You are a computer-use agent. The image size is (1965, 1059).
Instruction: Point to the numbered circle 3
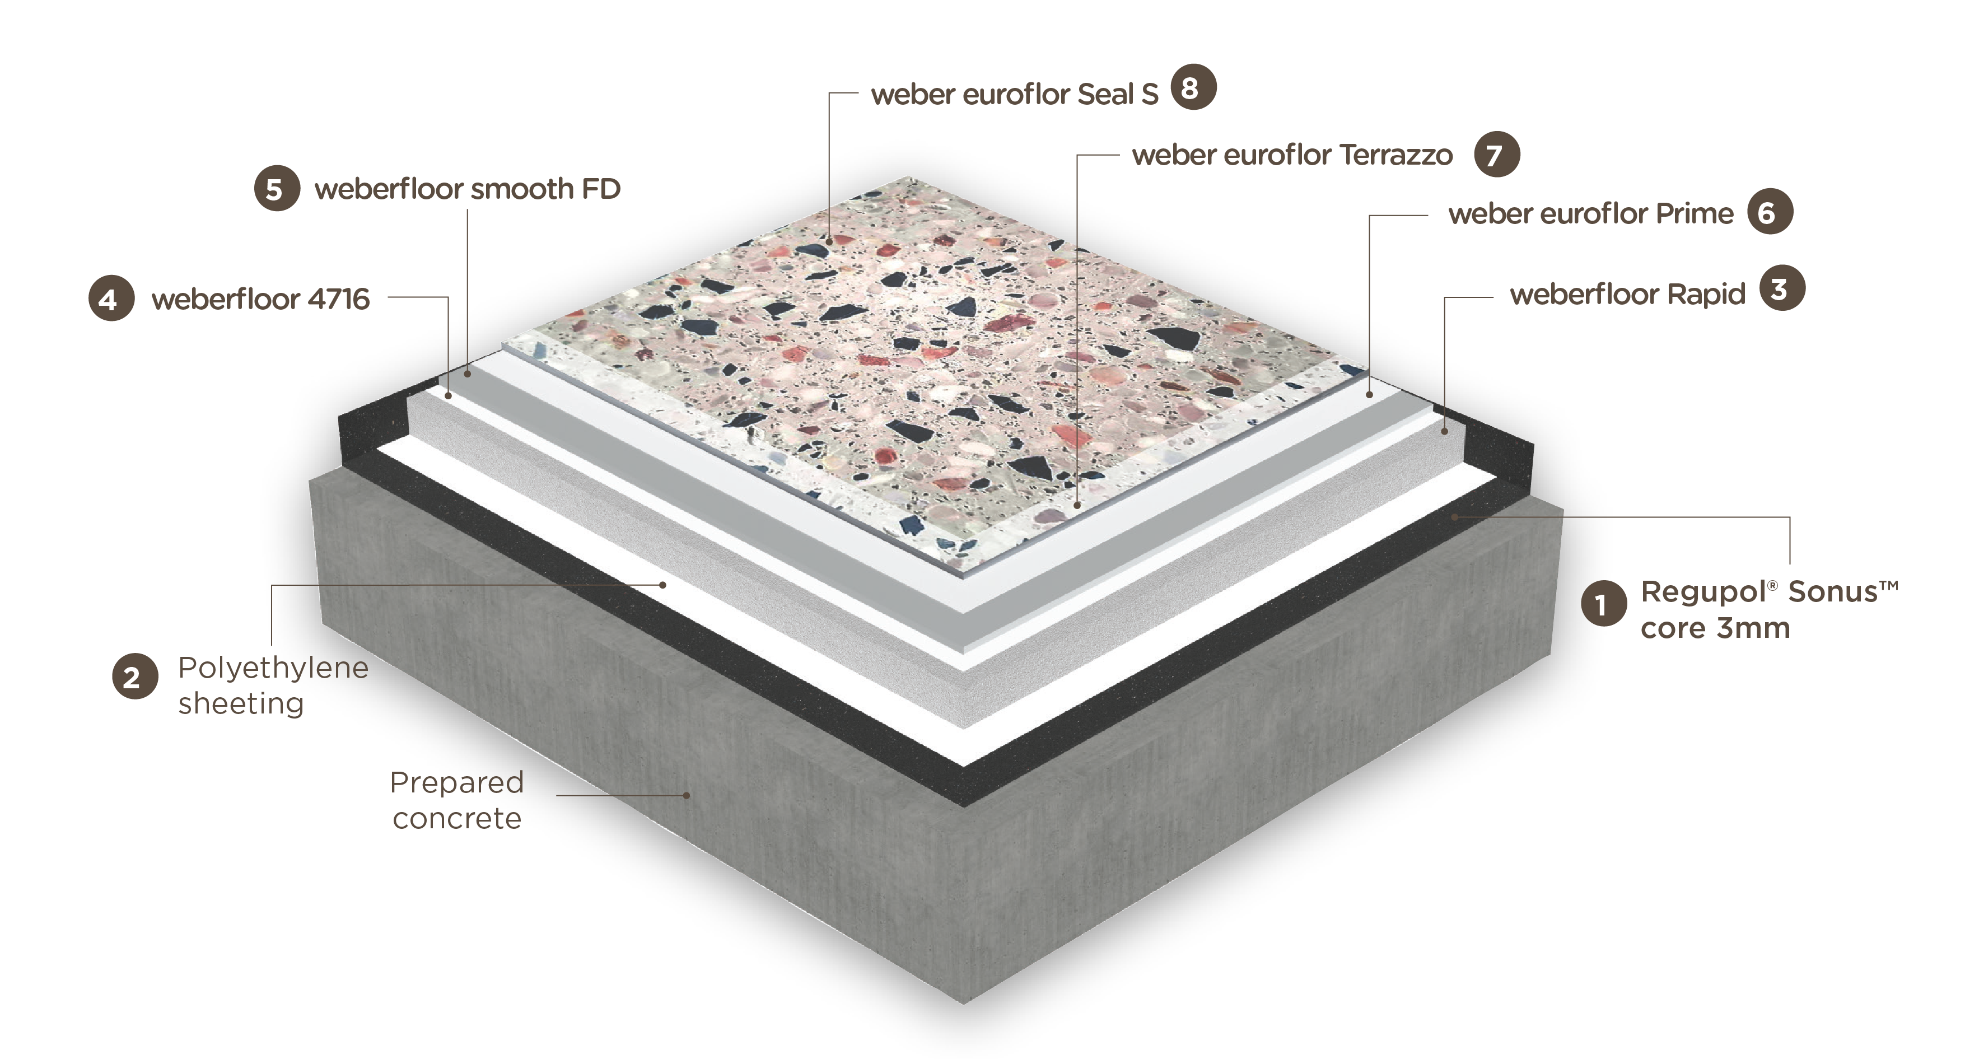(x=1782, y=288)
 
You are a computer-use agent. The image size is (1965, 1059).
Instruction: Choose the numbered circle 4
(x=111, y=298)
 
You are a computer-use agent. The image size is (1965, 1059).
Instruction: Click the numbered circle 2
(x=135, y=676)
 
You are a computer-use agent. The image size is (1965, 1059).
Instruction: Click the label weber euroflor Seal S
(x=1015, y=95)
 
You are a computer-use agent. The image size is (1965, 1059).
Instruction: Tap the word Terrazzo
(x=1396, y=155)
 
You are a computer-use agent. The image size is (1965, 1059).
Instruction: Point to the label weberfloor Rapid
(x=1628, y=295)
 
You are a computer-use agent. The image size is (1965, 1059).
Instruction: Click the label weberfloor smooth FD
(x=468, y=189)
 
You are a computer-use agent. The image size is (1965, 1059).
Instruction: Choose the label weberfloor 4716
(x=260, y=299)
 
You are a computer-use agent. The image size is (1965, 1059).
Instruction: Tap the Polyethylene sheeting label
(x=273, y=685)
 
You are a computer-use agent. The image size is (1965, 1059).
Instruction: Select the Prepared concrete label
(x=457, y=800)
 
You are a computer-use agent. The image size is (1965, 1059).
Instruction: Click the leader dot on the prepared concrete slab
(x=687, y=795)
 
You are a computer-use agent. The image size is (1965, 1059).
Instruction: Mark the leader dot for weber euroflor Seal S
(x=830, y=242)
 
